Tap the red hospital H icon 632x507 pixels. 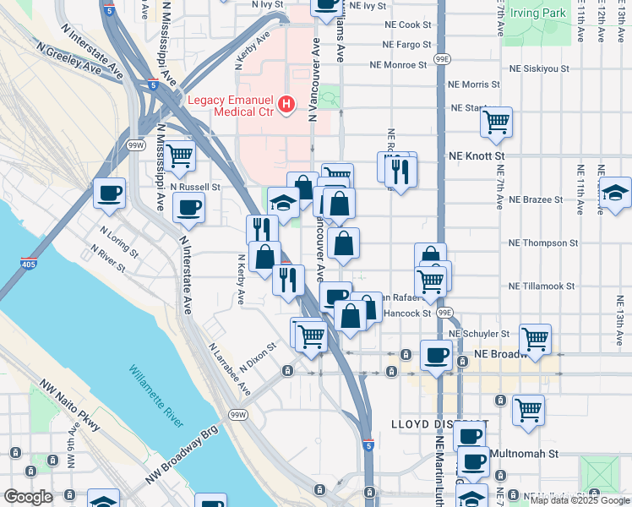[287, 103]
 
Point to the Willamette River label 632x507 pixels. [156, 395]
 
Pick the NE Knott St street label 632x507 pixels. [477, 156]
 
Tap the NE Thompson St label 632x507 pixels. [542, 243]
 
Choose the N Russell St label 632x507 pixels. [194, 187]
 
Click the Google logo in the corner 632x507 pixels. [28, 497]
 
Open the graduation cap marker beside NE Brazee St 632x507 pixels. [615, 194]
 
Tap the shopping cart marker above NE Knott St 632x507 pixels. [496, 123]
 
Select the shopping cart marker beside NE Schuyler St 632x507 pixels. [536, 339]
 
